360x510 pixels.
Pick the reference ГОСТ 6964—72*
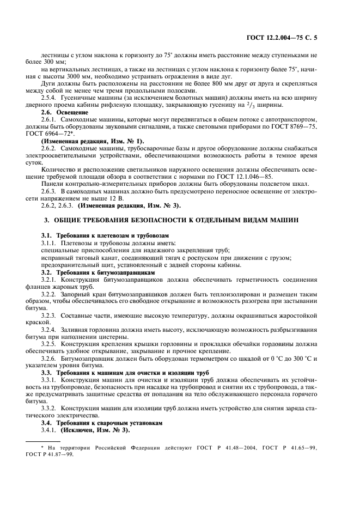pos(62,132)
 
